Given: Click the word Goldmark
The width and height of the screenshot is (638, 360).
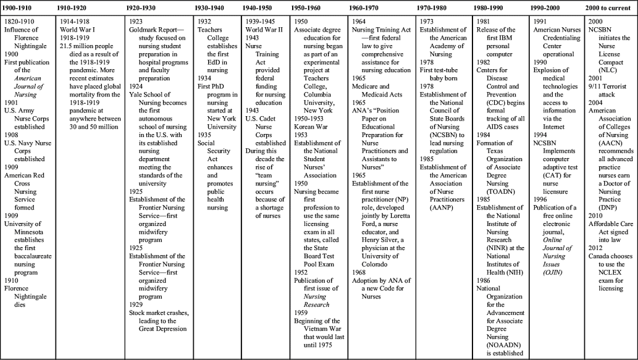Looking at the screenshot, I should pyautogui.click(x=146, y=30).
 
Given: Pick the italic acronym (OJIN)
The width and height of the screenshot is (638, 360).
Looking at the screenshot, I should pyautogui.click(x=555, y=272).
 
